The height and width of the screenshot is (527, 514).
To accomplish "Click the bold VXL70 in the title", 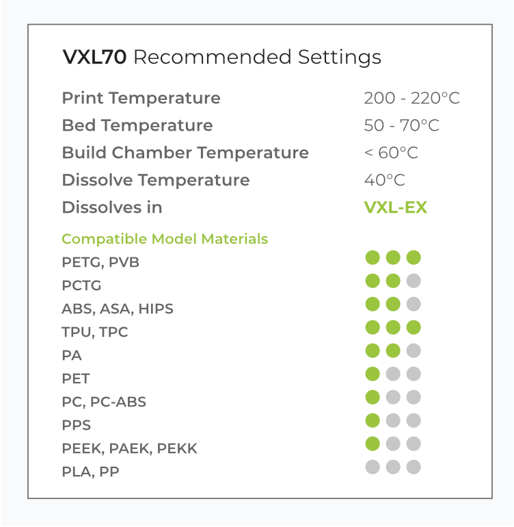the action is point(94,57).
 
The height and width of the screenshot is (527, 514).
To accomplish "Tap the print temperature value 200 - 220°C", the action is point(411,98).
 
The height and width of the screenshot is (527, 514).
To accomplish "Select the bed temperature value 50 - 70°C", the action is point(401,125).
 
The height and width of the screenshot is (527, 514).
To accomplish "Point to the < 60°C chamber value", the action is point(391,153).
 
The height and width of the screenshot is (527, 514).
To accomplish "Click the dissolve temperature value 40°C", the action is point(385,180).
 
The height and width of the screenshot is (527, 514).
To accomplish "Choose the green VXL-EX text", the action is point(396,207).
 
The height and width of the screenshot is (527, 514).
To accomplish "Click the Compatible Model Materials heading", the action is point(165,240).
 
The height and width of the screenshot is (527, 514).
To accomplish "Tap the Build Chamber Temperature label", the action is point(185,153).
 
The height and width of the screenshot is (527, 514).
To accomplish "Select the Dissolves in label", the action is point(112,207).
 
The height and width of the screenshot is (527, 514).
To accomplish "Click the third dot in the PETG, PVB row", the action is point(414,257).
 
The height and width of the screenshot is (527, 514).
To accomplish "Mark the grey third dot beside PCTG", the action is point(414,281).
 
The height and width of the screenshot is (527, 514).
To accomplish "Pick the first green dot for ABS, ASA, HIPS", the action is point(373,304).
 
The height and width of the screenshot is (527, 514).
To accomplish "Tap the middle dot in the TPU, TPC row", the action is point(393,327).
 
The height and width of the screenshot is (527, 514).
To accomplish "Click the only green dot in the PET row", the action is point(373,374).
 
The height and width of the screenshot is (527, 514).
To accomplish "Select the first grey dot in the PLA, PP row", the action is point(373,467).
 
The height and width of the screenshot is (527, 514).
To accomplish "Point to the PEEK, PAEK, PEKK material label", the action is point(130,449).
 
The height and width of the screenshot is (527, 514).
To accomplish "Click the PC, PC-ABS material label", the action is point(104,402).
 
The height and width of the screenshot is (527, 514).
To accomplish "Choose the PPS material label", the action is point(77,425).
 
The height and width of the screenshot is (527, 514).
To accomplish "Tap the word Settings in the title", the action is point(340,57).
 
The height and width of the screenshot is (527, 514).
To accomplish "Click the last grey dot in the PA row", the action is point(414,350).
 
